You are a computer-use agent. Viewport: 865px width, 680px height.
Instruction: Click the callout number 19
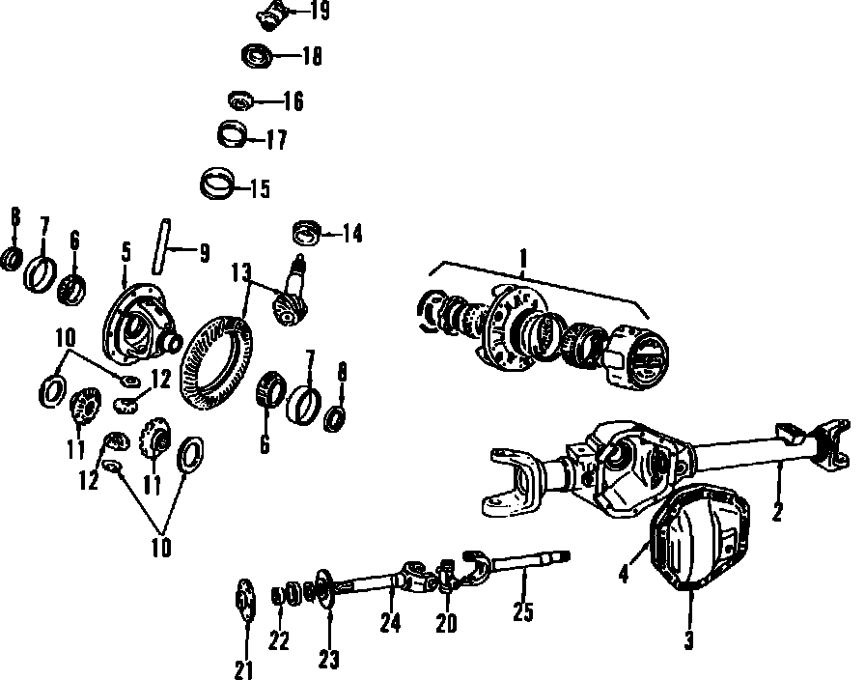pos(319,12)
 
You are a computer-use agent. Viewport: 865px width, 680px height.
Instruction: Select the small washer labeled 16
pos(240,99)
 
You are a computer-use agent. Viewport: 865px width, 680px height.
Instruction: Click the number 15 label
pos(259,188)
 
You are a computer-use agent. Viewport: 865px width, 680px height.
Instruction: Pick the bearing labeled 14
pos(306,232)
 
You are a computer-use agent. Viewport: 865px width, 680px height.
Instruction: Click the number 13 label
pos(239,272)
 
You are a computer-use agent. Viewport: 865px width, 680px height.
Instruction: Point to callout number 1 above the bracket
pos(522,259)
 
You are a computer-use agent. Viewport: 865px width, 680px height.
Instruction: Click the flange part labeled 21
pos(245,599)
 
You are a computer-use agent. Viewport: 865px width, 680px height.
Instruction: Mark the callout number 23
pos(328,660)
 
